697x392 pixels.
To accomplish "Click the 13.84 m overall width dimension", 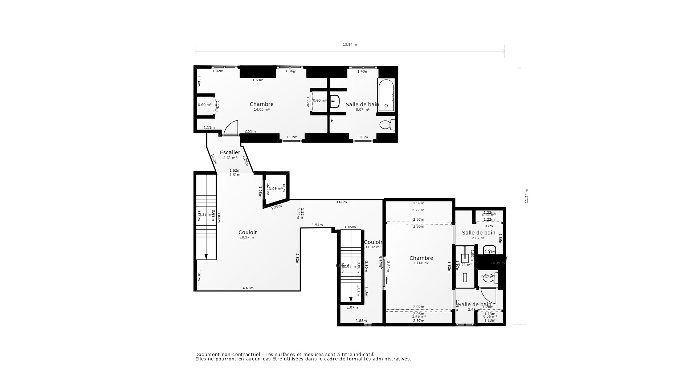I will (x=350, y=45).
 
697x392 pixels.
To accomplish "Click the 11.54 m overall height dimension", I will (x=526, y=196).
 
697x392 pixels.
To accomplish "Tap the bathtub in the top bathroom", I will (x=386, y=95).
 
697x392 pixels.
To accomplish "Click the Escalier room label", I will (x=230, y=152).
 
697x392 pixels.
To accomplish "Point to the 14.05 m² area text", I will (x=261, y=110).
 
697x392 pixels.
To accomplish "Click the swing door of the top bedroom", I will (x=231, y=128).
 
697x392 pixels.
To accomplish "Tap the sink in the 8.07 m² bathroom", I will (x=334, y=102).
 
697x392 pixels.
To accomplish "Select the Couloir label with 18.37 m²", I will (x=248, y=232).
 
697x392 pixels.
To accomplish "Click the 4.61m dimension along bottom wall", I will (x=248, y=288).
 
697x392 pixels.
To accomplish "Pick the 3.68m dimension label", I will (x=341, y=202).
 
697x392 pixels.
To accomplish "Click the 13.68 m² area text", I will (x=421, y=263).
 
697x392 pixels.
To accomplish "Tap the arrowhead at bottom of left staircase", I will (x=206, y=257).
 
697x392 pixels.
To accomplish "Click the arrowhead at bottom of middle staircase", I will (x=351, y=300).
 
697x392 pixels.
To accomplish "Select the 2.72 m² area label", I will (x=419, y=210).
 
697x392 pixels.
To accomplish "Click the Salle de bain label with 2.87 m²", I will (x=478, y=233).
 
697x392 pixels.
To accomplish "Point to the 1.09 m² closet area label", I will (x=276, y=189).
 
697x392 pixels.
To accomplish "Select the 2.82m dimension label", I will (x=297, y=259).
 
